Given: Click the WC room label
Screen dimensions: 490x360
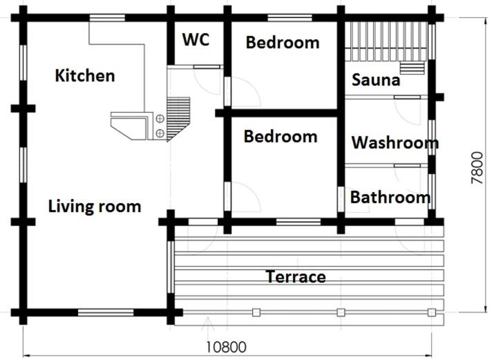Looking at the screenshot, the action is [196, 39].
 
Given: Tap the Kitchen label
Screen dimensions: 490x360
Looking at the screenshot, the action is [85, 75].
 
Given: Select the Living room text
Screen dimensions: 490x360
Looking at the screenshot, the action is [95, 207].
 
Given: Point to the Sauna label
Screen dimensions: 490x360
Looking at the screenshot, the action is [376, 80].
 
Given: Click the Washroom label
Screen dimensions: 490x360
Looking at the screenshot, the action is [395, 143].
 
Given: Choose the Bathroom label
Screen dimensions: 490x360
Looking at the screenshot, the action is [390, 198].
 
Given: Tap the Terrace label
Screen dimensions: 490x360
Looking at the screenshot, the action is [296, 277].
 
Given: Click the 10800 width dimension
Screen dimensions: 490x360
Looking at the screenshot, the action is [226, 347].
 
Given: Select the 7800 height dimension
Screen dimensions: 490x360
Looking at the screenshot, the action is [477, 168].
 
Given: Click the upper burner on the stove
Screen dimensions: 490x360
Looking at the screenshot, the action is [160, 119].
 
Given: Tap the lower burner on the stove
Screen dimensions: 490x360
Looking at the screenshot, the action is [160, 133].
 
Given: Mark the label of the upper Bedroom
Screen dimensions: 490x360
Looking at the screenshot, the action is [283, 43].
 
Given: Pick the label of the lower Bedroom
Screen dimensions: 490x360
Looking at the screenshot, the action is [281, 137].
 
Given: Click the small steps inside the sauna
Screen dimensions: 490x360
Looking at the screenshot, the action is [412, 68].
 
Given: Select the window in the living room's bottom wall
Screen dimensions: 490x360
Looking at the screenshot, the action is [106, 312].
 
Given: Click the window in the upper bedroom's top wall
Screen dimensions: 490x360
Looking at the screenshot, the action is [290, 18].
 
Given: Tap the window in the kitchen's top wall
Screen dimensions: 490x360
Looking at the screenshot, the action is [107, 18].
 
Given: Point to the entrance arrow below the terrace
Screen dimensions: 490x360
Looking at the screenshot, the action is [208, 323].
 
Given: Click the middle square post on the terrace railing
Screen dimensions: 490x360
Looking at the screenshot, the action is [341, 312].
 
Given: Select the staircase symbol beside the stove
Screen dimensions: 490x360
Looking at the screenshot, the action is [178, 119].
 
